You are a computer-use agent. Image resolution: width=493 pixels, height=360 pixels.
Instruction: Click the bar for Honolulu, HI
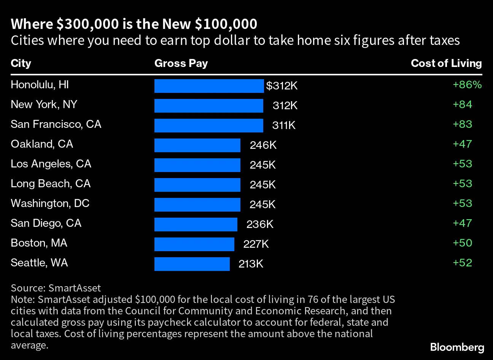click(209, 86)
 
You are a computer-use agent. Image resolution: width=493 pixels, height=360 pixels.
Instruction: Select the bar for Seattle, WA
click(192, 264)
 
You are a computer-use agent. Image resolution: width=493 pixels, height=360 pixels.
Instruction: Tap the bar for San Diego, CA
click(196, 225)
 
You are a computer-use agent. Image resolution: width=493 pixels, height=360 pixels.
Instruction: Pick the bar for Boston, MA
click(194, 244)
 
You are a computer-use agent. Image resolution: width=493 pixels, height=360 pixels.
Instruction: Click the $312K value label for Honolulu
click(281, 86)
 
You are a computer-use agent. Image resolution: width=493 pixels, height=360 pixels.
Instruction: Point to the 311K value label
click(284, 126)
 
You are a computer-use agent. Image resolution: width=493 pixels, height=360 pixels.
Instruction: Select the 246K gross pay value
click(263, 145)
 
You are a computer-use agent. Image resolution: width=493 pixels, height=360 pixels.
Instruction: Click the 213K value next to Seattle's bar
click(251, 264)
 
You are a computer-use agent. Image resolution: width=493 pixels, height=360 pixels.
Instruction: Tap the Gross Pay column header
click(181, 63)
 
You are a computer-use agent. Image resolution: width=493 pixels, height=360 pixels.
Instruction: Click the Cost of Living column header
click(446, 63)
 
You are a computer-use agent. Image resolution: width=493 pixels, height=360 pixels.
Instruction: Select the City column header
click(21, 63)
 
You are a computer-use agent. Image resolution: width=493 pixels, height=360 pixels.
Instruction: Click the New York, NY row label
click(44, 105)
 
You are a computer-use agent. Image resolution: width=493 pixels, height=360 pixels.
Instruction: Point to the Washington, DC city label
click(50, 204)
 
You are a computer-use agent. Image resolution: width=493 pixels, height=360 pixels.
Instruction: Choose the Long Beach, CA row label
click(51, 184)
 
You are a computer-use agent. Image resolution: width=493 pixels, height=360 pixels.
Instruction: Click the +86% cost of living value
click(467, 85)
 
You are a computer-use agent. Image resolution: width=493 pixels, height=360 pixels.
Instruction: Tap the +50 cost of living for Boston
click(462, 243)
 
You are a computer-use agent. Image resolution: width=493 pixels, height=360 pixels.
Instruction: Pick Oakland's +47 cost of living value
click(462, 144)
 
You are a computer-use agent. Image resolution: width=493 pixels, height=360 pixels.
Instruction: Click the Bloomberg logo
click(457, 347)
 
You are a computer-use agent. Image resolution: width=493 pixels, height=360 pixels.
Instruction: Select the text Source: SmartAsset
click(56, 288)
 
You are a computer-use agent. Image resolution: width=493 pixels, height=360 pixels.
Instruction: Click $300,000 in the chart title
click(87, 24)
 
